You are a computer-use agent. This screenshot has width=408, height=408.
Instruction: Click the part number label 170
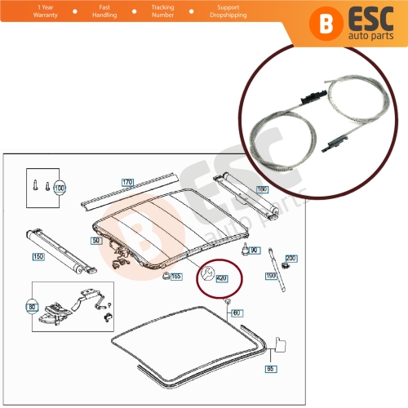[126, 182]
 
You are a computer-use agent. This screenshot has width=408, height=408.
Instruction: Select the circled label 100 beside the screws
[59, 188]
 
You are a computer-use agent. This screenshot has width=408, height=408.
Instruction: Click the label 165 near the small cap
[175, 277]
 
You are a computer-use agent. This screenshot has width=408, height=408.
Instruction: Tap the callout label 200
[291, 258]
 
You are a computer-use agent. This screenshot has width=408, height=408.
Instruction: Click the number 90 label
[254, 250]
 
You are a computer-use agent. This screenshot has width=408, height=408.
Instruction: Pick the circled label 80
[33, 307]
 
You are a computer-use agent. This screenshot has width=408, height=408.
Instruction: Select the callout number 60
[237, 313]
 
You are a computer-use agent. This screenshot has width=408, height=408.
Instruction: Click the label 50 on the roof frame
[95, 242]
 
